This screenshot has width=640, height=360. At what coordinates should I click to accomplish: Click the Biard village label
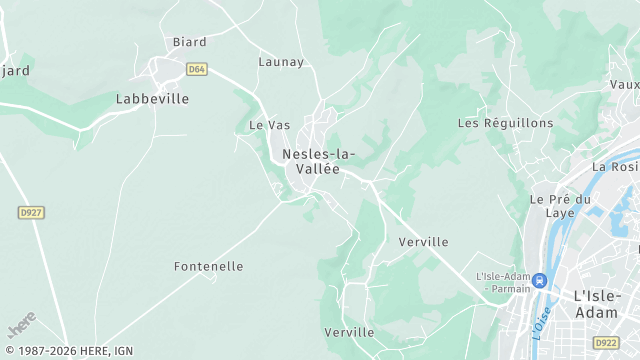189,42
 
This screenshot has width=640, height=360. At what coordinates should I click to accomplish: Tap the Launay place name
281,62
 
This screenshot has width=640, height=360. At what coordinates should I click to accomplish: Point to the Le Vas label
269,126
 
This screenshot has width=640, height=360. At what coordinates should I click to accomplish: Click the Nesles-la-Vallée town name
318,161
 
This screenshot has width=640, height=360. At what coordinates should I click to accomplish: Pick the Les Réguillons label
505,123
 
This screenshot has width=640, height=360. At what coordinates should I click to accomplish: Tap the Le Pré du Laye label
560,206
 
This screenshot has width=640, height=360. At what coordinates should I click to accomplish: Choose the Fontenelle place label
208,267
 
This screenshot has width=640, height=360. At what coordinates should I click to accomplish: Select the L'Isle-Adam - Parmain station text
502,283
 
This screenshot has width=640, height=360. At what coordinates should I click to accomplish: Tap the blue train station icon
540,281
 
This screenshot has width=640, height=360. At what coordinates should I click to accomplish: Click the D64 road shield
196,68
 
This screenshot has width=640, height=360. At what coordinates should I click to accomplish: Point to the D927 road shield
32,213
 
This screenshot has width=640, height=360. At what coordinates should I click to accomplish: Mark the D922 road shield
606,342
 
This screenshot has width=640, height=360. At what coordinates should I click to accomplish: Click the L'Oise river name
541,321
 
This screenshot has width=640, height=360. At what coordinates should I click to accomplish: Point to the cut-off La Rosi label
616,167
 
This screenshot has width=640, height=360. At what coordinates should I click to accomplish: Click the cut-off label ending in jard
15,70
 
